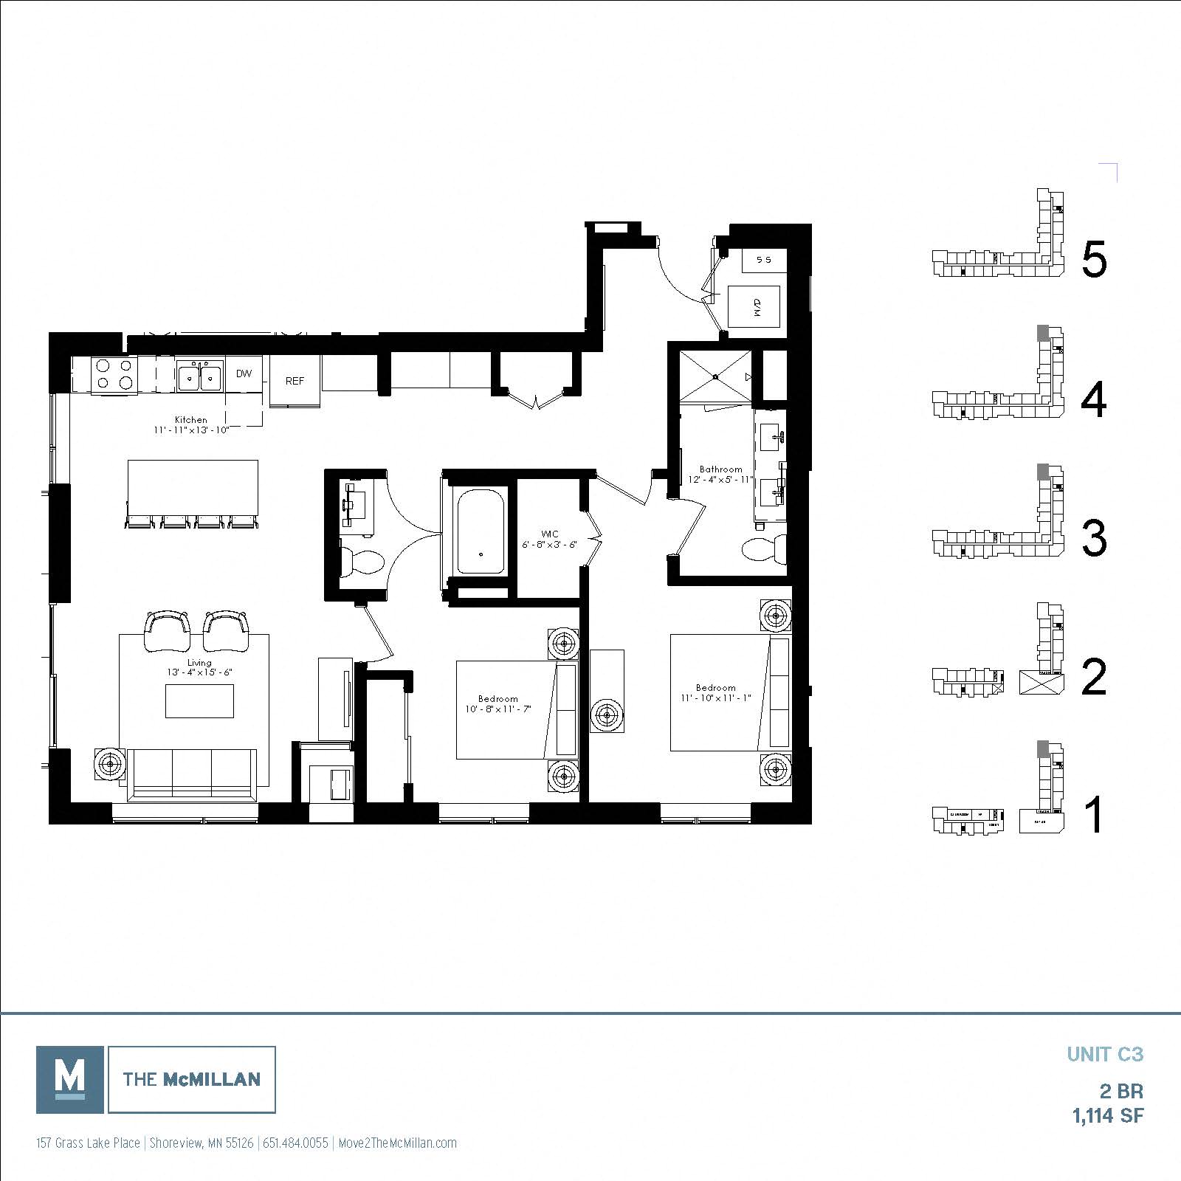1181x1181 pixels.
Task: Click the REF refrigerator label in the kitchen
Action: coord(295,381)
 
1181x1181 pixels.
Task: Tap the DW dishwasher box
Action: coord(244,373)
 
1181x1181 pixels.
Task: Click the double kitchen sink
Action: coord(200,376)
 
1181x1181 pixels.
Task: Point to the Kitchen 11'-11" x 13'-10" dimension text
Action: coord(191,424)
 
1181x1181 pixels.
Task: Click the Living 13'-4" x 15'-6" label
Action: coord(199,668)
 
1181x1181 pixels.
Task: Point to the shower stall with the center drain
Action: coord(716,376)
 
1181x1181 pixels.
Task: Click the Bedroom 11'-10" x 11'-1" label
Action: coord(715,692)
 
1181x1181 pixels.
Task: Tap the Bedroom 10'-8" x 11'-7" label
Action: coord(497,703)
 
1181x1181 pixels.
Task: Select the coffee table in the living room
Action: coord(199,701)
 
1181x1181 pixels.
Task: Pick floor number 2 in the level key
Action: coord(1093,678)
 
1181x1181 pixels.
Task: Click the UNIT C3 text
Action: coord(1105,1054)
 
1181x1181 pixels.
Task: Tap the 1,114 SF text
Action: coord(1107,1115)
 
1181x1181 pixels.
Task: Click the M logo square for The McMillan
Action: coord(70,1079)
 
